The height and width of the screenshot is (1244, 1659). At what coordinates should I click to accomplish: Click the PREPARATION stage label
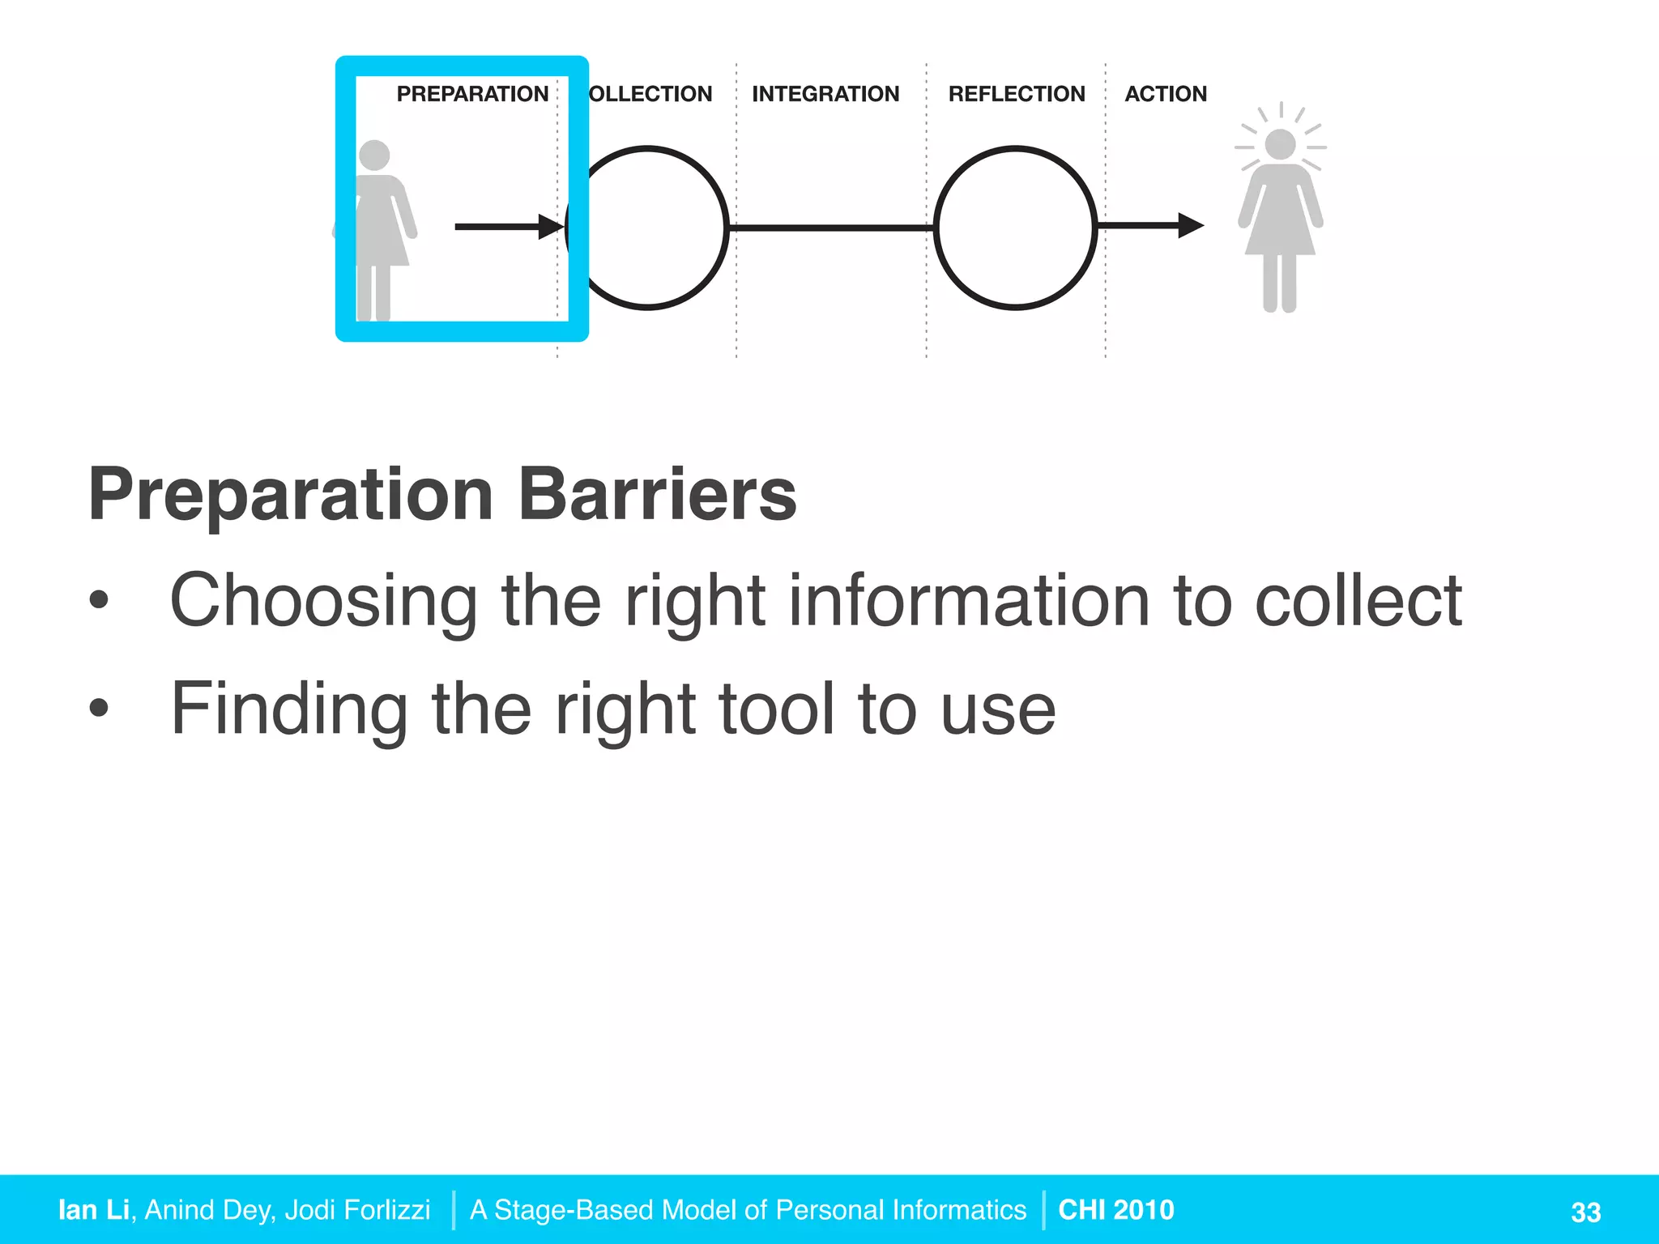(x=472, y=94)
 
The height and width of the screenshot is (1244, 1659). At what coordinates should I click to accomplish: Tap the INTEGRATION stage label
(x=825, y=94)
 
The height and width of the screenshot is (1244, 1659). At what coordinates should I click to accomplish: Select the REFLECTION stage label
(x=1017, y=94)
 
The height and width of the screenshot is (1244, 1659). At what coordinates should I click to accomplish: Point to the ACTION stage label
(x=1166, y=94)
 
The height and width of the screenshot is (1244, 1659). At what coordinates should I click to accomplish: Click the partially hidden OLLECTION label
(x=650, y=94)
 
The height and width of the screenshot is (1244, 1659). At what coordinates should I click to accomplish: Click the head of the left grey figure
(x=374, y=155)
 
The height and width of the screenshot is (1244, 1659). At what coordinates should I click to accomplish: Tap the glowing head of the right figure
(x=1280, y=145)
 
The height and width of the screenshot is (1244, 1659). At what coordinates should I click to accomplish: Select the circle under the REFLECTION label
(x=1015, y=228)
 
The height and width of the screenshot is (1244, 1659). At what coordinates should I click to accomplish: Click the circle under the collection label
(x=648, y=228)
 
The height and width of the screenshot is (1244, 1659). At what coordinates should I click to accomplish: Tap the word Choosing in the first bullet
(x=323, y=601)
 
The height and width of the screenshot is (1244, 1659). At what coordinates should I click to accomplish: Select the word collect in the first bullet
(x=1358, y=601)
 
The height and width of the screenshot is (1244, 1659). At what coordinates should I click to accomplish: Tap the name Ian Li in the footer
(x=94, y=1209)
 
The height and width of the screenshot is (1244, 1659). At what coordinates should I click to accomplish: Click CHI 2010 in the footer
(x=1116, y=1209)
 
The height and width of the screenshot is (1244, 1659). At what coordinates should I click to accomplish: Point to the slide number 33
(x=1585, y=1212)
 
